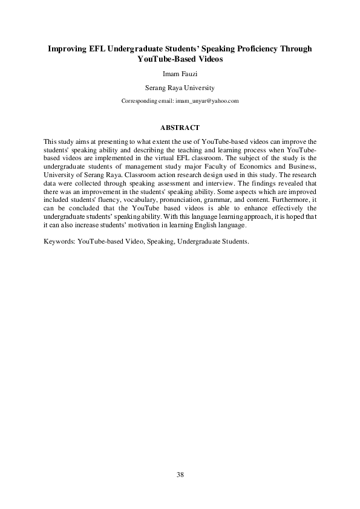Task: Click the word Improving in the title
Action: click(x=69, y=48)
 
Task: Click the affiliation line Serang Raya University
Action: click(x=180, y=87)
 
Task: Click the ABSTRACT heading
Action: click(x=180, y=128)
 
